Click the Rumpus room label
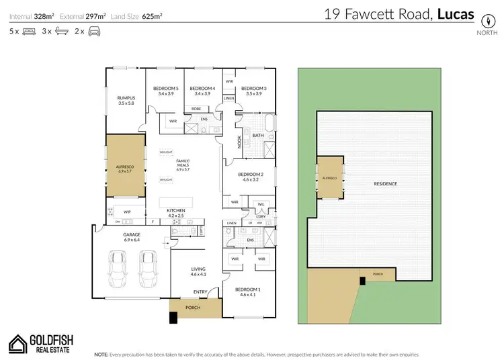[126, 97]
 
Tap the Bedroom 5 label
[165, 89]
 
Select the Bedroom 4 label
[202, 89]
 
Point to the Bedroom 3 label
[254, 89]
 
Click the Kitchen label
[176, 211]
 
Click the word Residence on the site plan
[386, 183]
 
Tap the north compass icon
[482, 19]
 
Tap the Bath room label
[258, 135]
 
